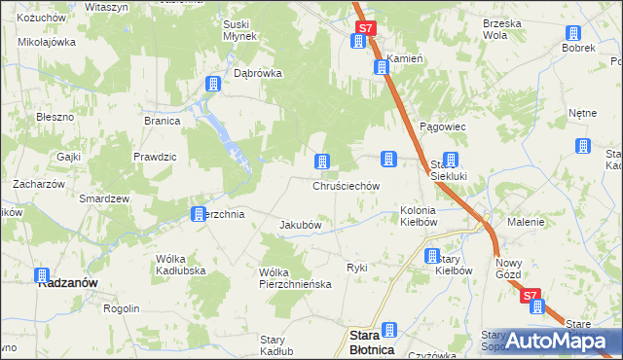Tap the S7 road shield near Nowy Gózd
531,296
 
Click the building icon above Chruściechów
321,162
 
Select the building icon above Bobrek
572,29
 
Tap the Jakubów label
301,225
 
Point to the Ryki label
357,267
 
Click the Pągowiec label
443,126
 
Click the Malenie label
526,222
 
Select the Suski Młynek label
239,30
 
